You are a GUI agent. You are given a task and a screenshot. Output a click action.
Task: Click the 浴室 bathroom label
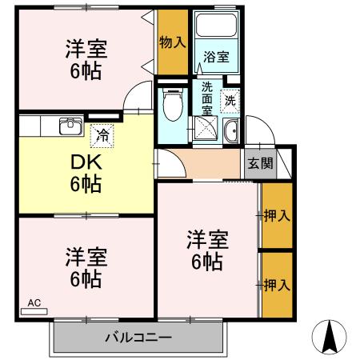click(x=216, y=57)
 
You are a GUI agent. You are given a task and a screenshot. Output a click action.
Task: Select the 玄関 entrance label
click(x=259, y=164)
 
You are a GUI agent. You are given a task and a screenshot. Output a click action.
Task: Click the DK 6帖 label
click(x=85, y=173)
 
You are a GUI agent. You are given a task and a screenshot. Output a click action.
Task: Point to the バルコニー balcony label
click(x=138, y=338)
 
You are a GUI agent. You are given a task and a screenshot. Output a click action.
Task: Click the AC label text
click(x=34, y=302)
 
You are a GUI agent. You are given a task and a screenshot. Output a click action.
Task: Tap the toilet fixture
click(x=171, y=103)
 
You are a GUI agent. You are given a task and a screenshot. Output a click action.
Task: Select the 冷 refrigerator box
click(x=102, y=136)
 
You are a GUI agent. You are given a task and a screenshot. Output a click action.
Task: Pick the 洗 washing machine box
click(x=230, y=102)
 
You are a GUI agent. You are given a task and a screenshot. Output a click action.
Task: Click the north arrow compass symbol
click(x=329, y=336)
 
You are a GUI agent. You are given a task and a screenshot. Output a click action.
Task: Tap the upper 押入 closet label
click(x=277, y=215)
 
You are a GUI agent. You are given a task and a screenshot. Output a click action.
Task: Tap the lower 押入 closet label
click(x=277, y=284)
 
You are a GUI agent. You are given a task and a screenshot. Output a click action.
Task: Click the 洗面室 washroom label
click(x=207, y=98)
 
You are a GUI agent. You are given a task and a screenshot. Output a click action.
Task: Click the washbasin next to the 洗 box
click(x=231, y=133)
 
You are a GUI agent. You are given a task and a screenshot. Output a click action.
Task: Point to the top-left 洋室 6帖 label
click(x=85, y=59)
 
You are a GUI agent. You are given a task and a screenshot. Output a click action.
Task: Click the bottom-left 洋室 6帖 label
click(x=85, y=269)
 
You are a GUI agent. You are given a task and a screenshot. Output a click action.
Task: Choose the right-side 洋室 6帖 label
click(x=207, y=249)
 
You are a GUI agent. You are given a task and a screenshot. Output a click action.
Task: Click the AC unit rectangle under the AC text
click(x=34, y=310)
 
